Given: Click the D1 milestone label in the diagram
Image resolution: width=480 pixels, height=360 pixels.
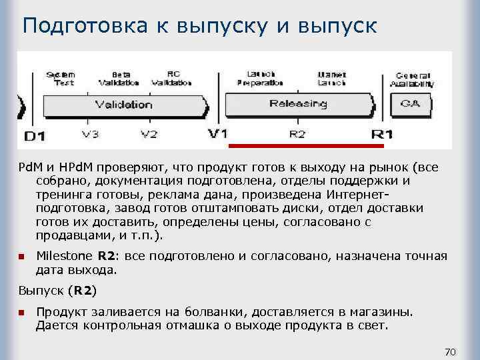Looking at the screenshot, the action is tap(35, 136).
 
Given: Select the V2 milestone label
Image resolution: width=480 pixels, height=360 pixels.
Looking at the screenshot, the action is tap(149, 135).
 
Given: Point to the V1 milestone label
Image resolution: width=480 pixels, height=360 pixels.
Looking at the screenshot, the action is tap(218, 133).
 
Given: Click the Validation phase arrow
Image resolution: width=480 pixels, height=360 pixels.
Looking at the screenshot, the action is tap(123, 105).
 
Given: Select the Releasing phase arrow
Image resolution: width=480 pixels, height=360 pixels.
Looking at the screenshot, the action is tap(298, 103).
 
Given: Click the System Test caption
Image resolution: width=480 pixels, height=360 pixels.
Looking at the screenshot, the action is tap(61, 79).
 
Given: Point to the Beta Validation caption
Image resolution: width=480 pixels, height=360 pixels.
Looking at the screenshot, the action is tap(119, 79).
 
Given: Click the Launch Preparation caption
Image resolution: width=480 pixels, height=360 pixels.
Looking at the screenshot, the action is tap(256, 79).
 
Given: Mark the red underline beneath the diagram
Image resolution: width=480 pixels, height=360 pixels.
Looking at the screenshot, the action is tap(307, 145).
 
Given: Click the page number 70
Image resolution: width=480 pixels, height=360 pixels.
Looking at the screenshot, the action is tap(449, 351).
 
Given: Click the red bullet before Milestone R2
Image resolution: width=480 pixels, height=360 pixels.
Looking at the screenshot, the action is tap(21, 256).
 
